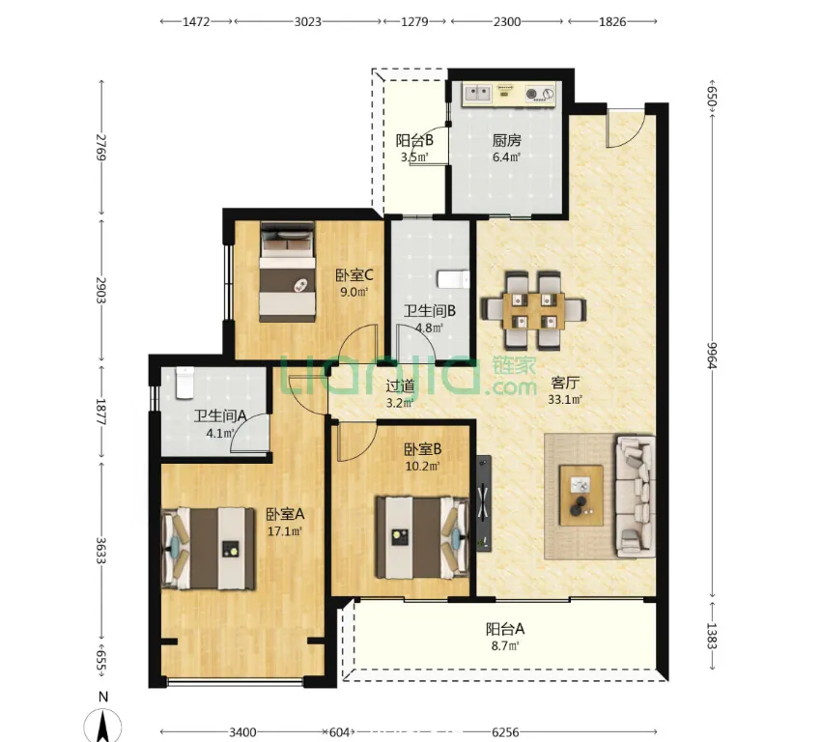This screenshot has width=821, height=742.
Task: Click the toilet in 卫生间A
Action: (x=185, y=383)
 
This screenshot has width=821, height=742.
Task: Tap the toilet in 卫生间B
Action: (x=453, y=279)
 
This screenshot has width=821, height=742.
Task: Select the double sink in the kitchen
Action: (x=477, y=94)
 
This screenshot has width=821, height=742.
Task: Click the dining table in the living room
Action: (x=533, y=311)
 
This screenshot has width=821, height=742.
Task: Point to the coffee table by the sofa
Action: (x=581, y=495)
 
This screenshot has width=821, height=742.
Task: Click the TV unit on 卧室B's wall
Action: (x=484, y=503)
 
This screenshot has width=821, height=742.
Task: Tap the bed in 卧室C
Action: (x=288, y=271)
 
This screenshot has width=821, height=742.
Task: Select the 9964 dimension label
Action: (x=712, y=356)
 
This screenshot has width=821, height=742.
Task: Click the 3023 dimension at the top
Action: (x=307, y=21)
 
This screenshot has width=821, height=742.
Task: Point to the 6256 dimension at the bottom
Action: (x=506, y=731)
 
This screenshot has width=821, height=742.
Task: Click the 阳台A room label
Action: (x=505, y=628)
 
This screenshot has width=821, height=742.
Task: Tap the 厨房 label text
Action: (x=506, y=140)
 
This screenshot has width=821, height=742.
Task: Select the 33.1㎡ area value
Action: (x=565, y=400)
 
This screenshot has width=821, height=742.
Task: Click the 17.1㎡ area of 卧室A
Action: (x=285, y=531)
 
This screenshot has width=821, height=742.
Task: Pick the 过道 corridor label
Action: (x=400, y=386)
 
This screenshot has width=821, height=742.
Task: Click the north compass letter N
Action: (x=103, y=697)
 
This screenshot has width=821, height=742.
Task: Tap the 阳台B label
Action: (x=414, y=140)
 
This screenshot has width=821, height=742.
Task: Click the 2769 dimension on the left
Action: (x=101, y=147)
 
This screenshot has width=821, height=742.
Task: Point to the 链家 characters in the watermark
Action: (x=514, y=365)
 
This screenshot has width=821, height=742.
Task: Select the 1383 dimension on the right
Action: (x=712, y=635)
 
